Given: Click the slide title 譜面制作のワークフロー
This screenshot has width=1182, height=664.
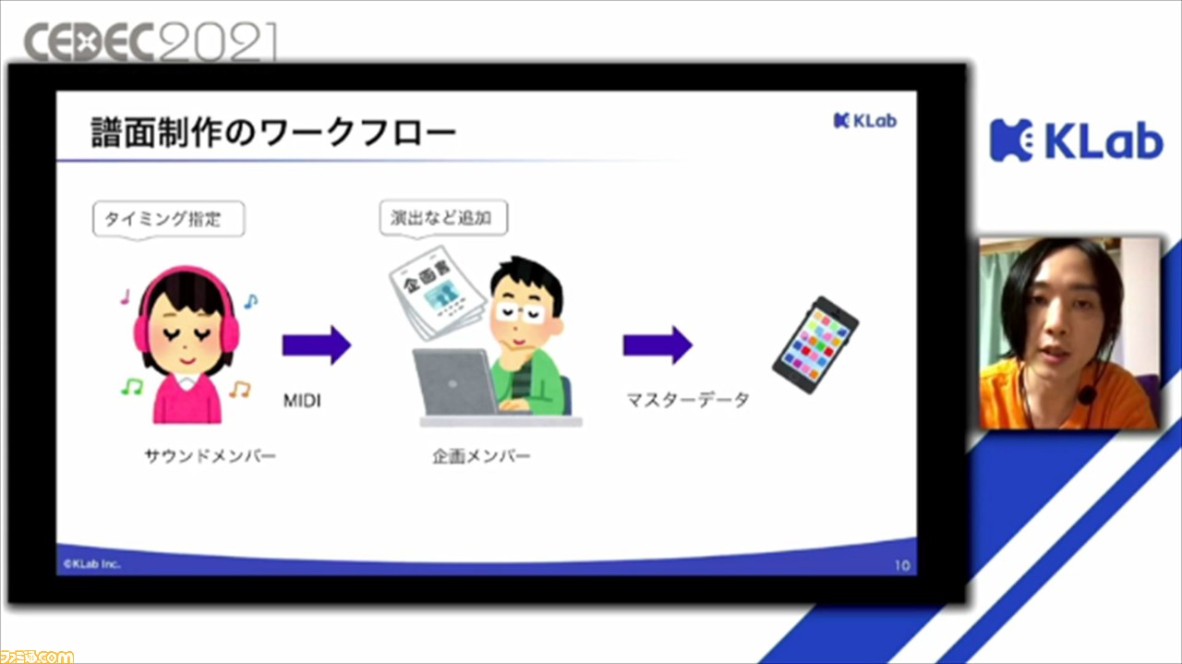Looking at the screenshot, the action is tap(273, 132).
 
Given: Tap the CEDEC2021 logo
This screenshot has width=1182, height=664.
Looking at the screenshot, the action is tap(151, 42).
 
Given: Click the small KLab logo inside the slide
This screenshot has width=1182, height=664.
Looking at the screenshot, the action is tap(865, 121).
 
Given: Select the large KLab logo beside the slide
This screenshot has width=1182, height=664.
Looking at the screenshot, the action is tap(1077, 139).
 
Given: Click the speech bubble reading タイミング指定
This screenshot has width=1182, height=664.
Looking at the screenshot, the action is tap(168, 219).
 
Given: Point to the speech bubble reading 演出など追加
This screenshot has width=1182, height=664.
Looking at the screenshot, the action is tap(443, 217).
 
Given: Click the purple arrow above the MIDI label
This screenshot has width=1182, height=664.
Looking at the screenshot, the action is tap(317, 345).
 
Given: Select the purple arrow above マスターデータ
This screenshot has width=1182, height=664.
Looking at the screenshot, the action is tap(657, 345).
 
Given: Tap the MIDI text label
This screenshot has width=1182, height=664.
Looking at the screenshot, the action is tap(302, 401).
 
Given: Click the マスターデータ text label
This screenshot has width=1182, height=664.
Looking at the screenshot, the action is tap(688, 400).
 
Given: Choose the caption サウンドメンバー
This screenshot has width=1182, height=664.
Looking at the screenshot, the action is tap(210, 455).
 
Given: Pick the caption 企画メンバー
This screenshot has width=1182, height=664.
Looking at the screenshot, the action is tap(481, 456).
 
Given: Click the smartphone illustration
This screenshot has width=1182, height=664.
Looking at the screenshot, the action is tap(815, 344).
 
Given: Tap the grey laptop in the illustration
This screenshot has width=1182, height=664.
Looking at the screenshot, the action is tap(455, 382).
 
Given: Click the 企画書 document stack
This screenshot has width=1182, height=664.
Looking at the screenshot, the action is tap(437, 294).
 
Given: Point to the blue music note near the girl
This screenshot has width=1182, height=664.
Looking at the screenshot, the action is tap(250, 301).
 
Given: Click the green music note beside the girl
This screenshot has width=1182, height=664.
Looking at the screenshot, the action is tap(132, 387).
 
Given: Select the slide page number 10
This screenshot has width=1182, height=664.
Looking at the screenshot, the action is tap(902, 565).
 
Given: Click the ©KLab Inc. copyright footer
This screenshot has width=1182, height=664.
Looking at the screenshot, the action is tap(91, 563).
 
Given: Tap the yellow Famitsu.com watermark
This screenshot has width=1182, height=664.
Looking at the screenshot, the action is tap(36, 657).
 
